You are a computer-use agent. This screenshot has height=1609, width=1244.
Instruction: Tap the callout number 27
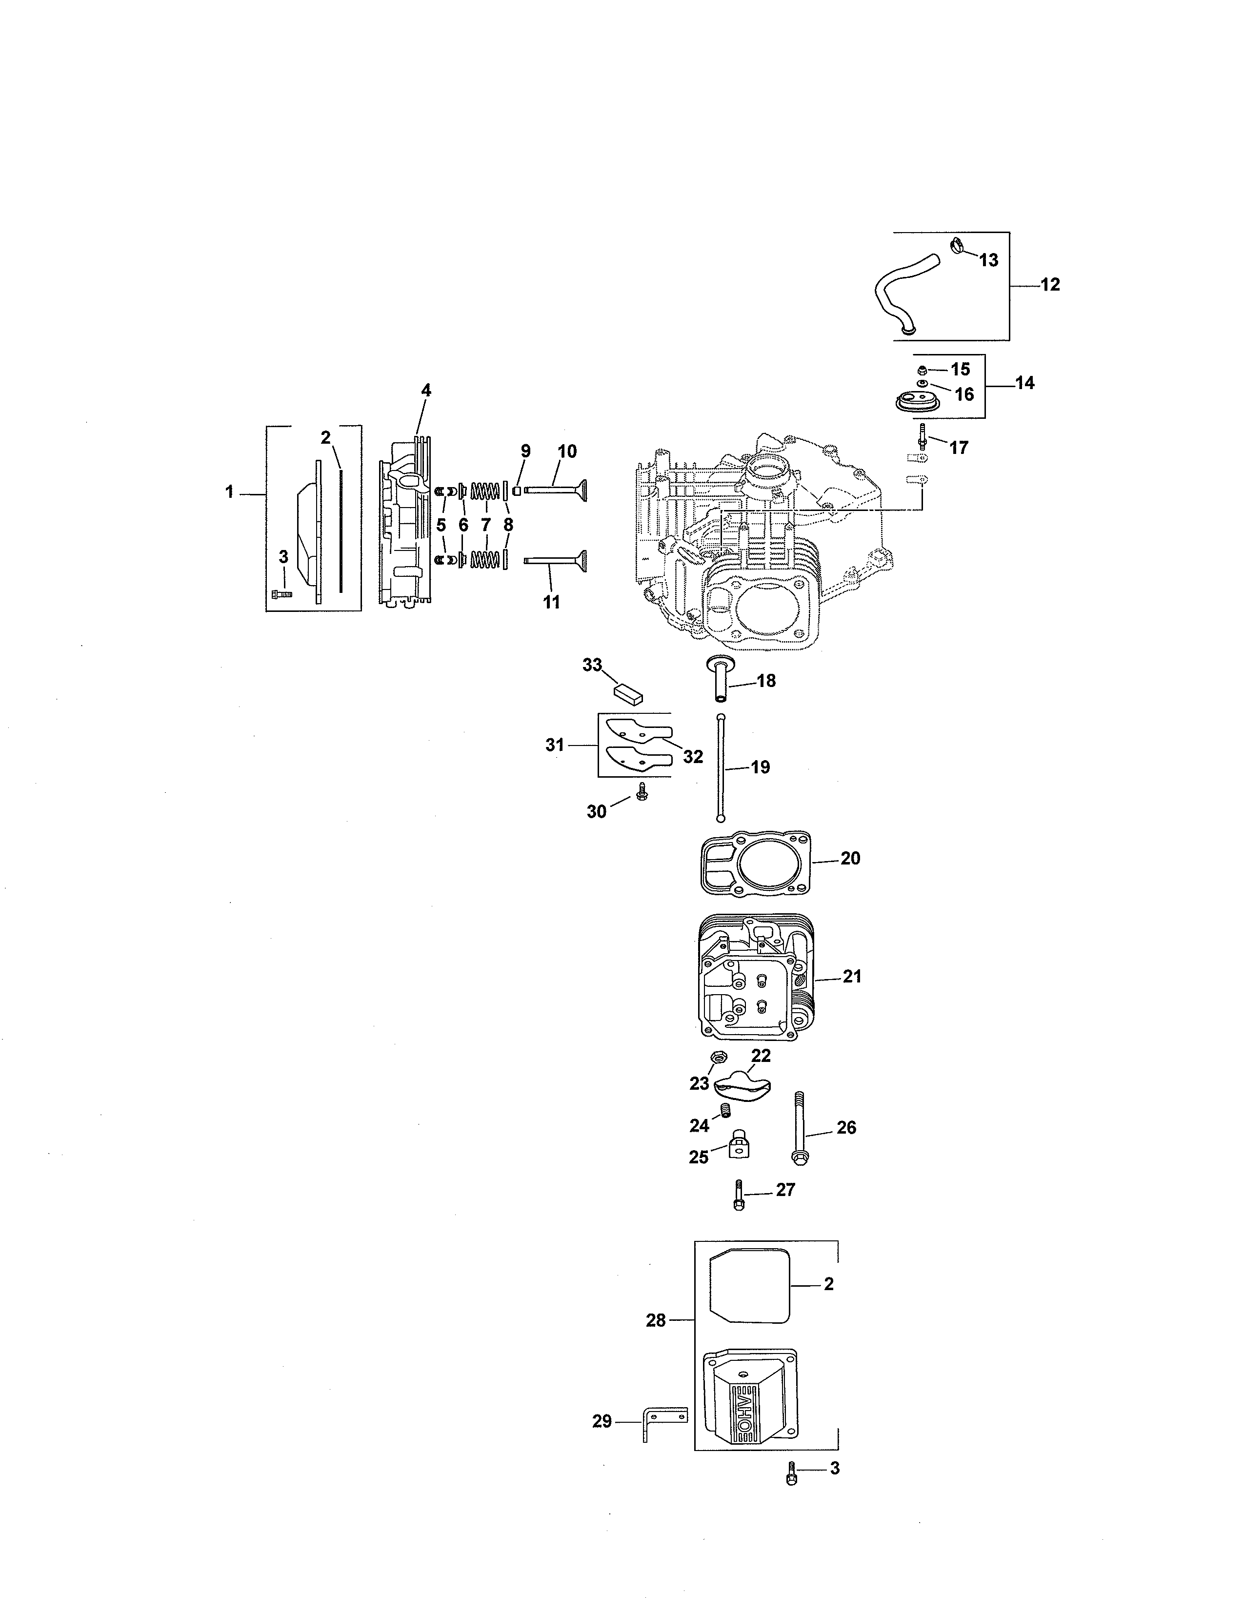785,1190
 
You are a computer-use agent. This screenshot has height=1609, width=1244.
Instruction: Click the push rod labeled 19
719,766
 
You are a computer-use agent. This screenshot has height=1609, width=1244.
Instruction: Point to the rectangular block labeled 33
629,692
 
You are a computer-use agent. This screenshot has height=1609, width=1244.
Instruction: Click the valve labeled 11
557,564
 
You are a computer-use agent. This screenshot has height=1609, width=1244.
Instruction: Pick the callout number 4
426,391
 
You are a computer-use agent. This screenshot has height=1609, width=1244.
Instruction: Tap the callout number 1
229,491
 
